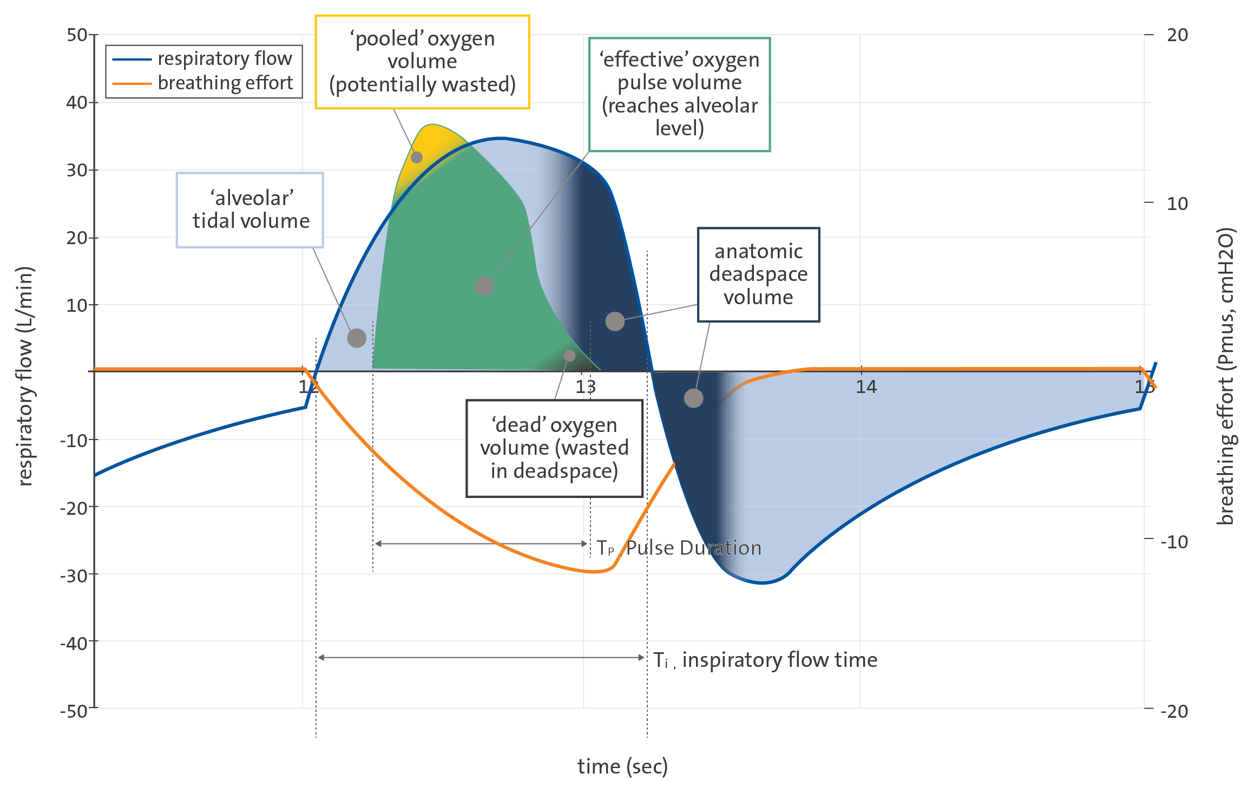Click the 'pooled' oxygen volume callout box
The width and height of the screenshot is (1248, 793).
coord(422,62)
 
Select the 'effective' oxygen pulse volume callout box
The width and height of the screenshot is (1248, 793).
coord(679,94)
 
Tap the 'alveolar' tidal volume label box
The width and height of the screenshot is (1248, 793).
coord(250,210)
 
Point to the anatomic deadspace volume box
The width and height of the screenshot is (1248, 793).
coord(758,274)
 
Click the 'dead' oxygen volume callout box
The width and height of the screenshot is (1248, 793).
coord(554,448)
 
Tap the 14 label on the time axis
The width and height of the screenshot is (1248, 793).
coord(866,386)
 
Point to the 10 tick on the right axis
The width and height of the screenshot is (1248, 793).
coord(1177,204)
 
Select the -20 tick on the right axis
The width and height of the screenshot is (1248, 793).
coord(1174,710)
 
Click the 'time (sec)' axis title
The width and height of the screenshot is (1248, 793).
coord(622,766)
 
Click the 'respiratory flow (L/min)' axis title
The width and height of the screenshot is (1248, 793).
coord(25,376)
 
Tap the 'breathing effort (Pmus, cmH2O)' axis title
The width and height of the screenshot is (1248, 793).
coord(1225,376)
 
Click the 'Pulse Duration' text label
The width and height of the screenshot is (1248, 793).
coord(693,548)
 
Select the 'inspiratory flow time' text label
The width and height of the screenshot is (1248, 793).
coord(779,660)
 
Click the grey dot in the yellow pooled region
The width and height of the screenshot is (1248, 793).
coord(417,158)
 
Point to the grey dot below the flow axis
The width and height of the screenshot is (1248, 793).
coord(693,398)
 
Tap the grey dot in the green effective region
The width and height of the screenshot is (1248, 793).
coord(484,286)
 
